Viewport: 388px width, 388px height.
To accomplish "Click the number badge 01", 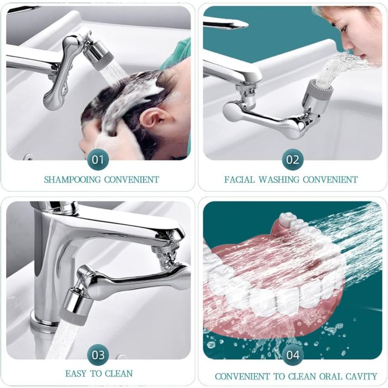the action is coord(98,160).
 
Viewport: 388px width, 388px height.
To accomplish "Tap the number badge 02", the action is coord(293,160).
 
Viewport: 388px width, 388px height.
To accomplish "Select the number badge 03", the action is coord(98,355).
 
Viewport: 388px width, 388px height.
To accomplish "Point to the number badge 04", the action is coord(293,355).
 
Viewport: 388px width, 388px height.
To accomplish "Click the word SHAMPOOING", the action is coord(73,180).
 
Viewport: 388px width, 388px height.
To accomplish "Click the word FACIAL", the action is coord(239,180).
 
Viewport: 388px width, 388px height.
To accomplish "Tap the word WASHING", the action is coord(279,180).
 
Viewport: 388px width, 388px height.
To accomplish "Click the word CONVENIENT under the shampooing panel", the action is coord(131,180).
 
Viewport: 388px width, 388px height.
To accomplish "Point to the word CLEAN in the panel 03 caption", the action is coord(119,374).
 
